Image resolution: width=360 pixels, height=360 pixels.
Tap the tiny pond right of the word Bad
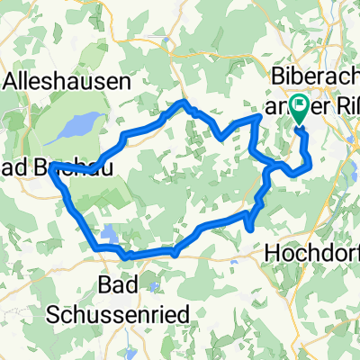(x=155, y=288)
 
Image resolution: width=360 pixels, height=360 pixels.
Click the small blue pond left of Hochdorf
(x=248, y=238)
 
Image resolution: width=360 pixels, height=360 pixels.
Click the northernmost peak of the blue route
(x=184, y=103)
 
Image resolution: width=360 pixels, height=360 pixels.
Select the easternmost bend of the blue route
(x=310, y=162)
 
